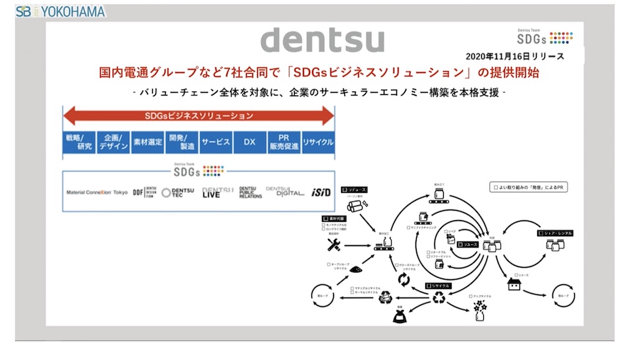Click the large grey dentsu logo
(x=322, y=40)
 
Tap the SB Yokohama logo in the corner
(x=61, y=11)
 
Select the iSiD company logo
(x=320, y=193)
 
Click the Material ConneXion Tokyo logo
(x=97, y=193)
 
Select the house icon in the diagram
(x=513, y=285)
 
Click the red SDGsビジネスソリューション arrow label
(x=198, y=116)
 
